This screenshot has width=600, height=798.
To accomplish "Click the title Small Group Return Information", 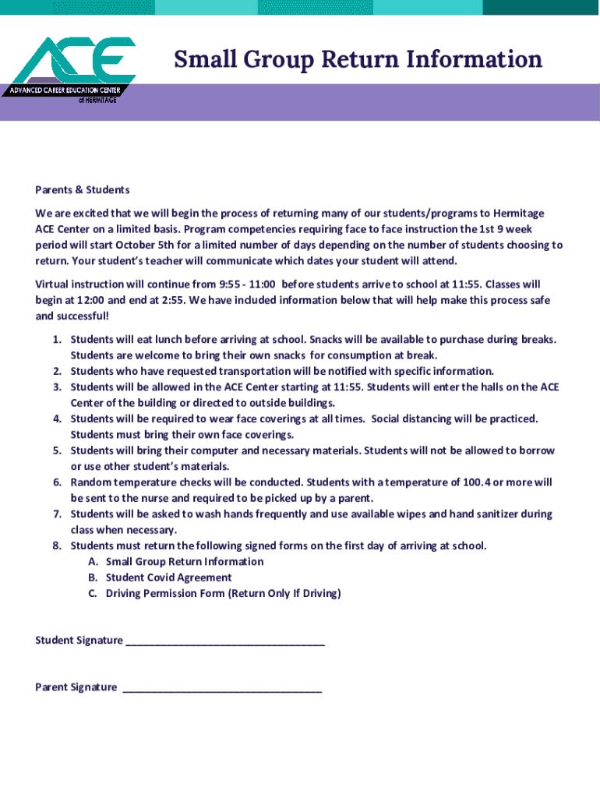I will click(x=358, y=59).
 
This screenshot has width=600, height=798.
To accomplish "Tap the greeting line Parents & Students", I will click(x=82, y=189).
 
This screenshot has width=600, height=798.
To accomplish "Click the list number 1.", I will click(x=56, y=340).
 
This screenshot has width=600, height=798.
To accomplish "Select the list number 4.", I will click(x=56, y=419).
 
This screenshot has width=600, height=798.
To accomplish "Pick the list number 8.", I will click(x=56, y=546).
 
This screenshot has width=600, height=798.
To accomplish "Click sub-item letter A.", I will click(x=92, y=562).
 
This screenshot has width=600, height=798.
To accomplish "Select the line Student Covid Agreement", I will click(x=168, y=577).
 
